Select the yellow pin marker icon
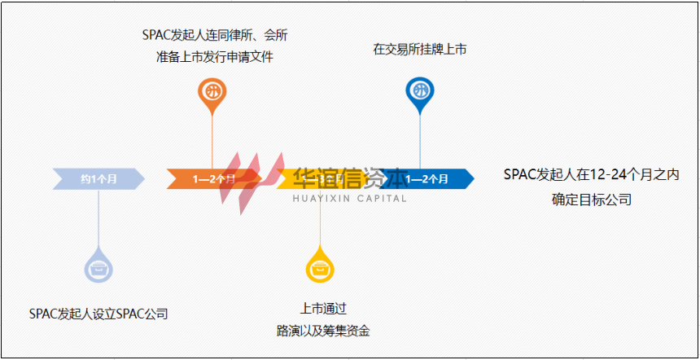click(319, 266)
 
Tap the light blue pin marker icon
click(98, 266)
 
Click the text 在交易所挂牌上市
click(419, 50)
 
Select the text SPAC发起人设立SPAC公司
click(98, 313)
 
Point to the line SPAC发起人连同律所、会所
click(214, 36)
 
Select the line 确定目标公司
click(591, 199)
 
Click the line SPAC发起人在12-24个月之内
click(591, 174)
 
